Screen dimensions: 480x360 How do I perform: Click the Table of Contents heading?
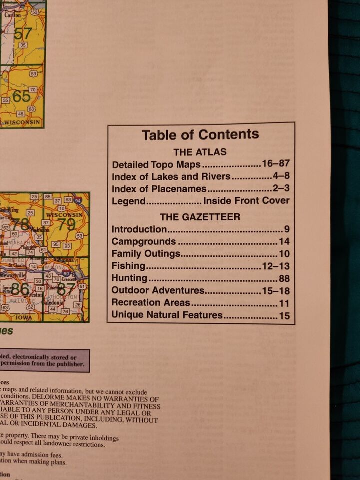200,135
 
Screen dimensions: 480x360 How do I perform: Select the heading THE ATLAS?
200,152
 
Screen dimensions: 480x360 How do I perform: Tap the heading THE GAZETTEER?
200,217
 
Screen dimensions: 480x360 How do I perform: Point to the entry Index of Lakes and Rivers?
171,176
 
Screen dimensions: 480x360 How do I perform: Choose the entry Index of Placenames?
159,189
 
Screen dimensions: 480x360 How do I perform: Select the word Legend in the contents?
128,201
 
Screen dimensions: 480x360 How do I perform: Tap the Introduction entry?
139,230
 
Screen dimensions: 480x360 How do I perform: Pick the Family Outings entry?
146,254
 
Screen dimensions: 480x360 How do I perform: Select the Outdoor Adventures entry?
158,290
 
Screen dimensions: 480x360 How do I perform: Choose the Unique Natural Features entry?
167,315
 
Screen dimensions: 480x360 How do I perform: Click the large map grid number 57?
23,34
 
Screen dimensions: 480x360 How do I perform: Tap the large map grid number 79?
67,224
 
